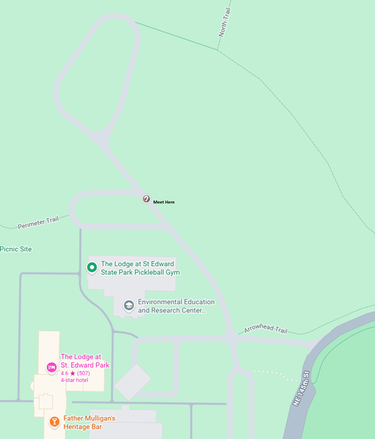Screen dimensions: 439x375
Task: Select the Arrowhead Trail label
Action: [x=266, y=329]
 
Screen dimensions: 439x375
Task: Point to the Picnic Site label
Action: [x=16, y=249]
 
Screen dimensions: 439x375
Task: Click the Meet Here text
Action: [x=164, y=202]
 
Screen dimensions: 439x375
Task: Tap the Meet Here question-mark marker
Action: [x=146, y=198]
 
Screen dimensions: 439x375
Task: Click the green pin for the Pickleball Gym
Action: [x=92, y=267]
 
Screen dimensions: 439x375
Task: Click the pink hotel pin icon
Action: [x=51, y=367]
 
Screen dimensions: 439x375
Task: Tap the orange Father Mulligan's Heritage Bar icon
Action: [x=54, y=421]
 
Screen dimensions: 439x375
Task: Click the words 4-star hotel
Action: [x=74, y=380]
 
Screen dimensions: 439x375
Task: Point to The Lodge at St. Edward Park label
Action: [x=85, y=361]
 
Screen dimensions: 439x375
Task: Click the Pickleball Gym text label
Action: [x=140, y=268]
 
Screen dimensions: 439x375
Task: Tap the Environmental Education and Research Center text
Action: [x=176, y=306]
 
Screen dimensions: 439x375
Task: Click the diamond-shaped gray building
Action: [x=133, y=381]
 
